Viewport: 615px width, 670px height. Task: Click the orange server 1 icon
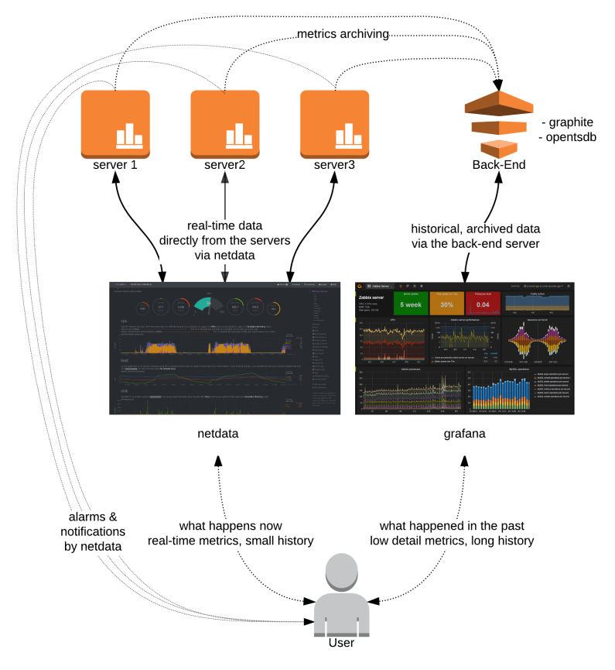(115, 122)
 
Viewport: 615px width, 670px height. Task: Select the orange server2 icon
(224, 122)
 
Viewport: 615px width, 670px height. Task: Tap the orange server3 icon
(333, 122)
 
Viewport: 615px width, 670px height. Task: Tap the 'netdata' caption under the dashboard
(218, 434)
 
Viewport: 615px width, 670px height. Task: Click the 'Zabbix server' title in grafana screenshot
(372, 297)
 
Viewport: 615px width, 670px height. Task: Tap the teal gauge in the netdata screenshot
(209, 304)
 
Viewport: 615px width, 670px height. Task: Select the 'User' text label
(341, 643)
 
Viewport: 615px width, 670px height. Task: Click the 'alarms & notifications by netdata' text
(92, 533)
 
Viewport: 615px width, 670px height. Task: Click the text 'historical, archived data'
(474, 228)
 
